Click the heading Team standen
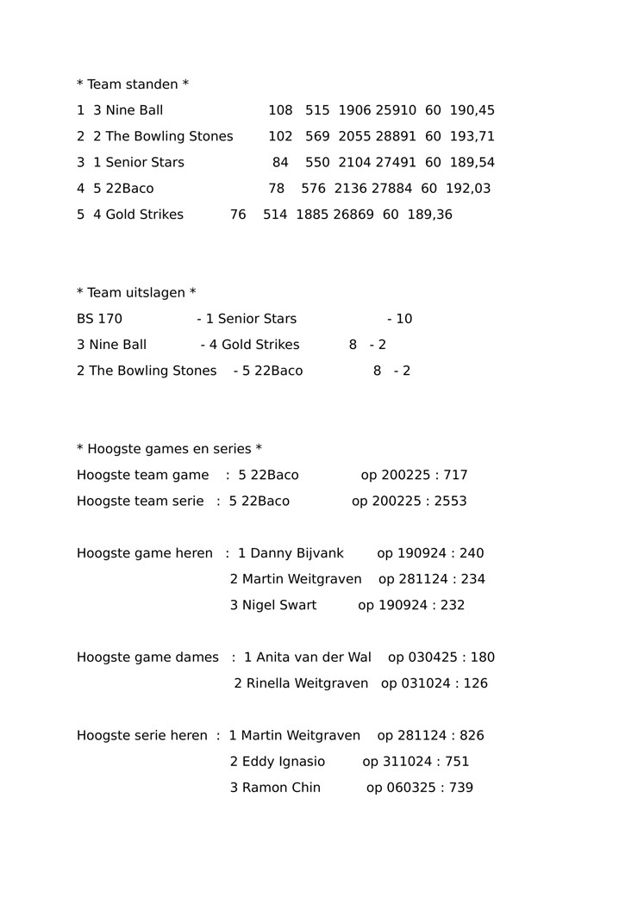[x=133, y=84]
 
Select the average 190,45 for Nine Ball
[x=472, y=110]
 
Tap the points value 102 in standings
[x=281, y=136]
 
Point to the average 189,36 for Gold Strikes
[x=430, y=215]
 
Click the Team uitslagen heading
[x=136, y=293]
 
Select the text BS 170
[x=99, y=319]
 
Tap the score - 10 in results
[x=400, y=319]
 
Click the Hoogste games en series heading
[x=169, y=449]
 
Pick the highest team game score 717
[x=455, y=475]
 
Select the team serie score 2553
[x=450, y=501]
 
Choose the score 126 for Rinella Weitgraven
[x=474, y=683]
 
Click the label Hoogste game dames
[x=147, y=658]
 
